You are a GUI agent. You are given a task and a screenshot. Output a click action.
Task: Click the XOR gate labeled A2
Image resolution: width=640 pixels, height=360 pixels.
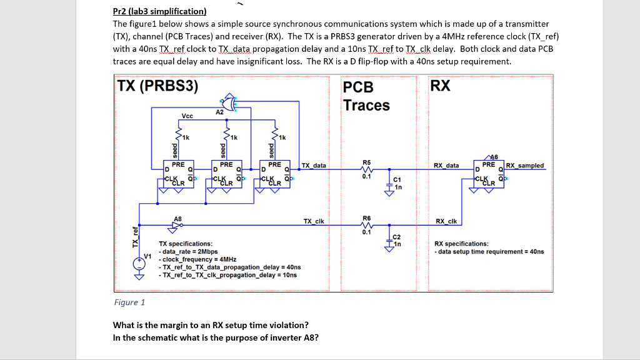(x=227, y=102)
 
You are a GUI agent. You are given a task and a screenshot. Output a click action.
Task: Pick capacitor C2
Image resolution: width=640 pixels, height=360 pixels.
(x=389, y=239)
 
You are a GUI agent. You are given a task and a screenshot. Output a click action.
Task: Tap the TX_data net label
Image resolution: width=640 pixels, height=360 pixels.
(x=313, y=166)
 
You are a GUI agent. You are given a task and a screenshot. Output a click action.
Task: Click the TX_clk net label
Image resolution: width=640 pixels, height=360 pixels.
(x=313, y=221)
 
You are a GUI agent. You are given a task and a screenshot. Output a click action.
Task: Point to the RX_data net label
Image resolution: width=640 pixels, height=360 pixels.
(x=446, y=166)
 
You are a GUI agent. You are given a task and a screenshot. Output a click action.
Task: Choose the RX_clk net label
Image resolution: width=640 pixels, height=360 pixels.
(x=446, y=221)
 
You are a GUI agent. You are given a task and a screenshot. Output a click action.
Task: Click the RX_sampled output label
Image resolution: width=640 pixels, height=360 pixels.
(x=524, y=166)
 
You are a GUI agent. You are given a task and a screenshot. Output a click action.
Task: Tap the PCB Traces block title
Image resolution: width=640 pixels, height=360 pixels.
(x=366, y=96)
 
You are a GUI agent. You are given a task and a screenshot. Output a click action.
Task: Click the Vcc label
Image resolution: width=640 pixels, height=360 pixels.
(x=187, y=116)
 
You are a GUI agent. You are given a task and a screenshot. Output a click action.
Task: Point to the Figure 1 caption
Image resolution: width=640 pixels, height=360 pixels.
(x=129, y=302)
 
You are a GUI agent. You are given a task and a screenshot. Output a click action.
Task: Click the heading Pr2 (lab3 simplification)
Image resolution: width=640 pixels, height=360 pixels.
(x=159, y=11)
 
